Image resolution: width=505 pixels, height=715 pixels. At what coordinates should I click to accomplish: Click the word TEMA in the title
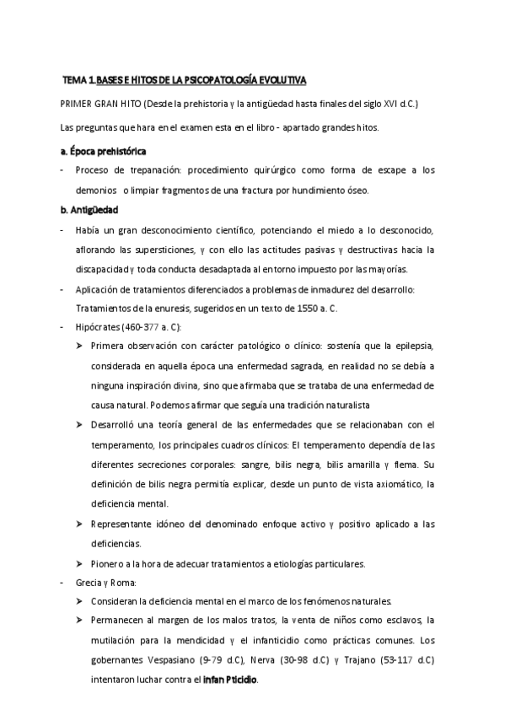pyautogui.click(x=78, y=81)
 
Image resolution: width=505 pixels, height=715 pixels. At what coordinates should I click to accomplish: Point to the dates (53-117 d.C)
pyautogui.click(x=410, y=659)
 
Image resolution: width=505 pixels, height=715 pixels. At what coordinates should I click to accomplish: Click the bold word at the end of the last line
pyautogui.click(x=229, y=679)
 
